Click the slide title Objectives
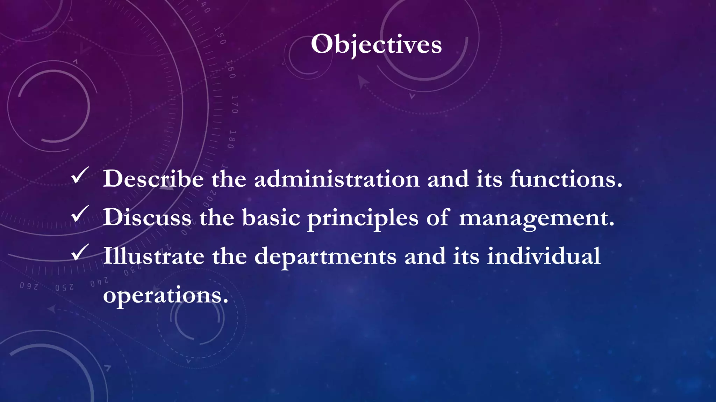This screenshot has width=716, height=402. click(376, 44)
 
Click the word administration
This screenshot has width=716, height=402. click(337, 179)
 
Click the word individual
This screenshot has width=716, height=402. click(544, 256)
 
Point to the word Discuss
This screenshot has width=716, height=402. click(147, 218)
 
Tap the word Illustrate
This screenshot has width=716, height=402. click(153, 256)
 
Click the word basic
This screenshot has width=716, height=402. click(271, 218)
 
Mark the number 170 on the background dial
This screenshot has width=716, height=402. click(235, 104)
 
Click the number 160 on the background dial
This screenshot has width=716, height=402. click(231, 69)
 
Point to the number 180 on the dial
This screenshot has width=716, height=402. click(231, 139)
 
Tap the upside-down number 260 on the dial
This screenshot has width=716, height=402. click(29, 286)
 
